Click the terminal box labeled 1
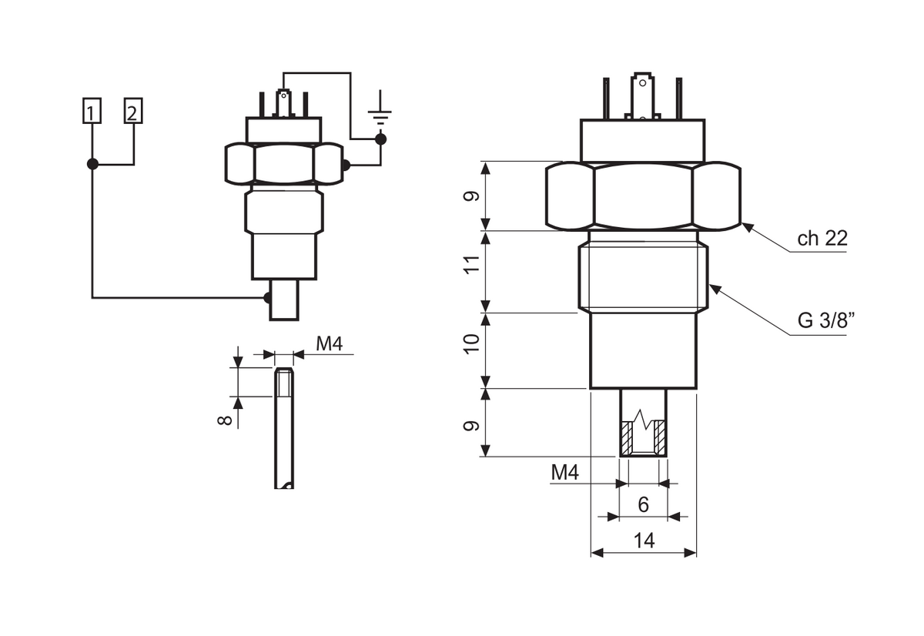click(92, 112)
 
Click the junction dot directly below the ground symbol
click(380, 139)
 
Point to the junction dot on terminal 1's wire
click(92, 164)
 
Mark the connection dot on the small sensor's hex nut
click(345, 165)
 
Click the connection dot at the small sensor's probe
click(267, 298)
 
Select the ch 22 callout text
click(822, 239)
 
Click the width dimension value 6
click(644, 504)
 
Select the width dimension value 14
click(644, 541)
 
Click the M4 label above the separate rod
click(330, 344)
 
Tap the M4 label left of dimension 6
click(564, 473)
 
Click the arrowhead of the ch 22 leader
click(745, 226)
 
